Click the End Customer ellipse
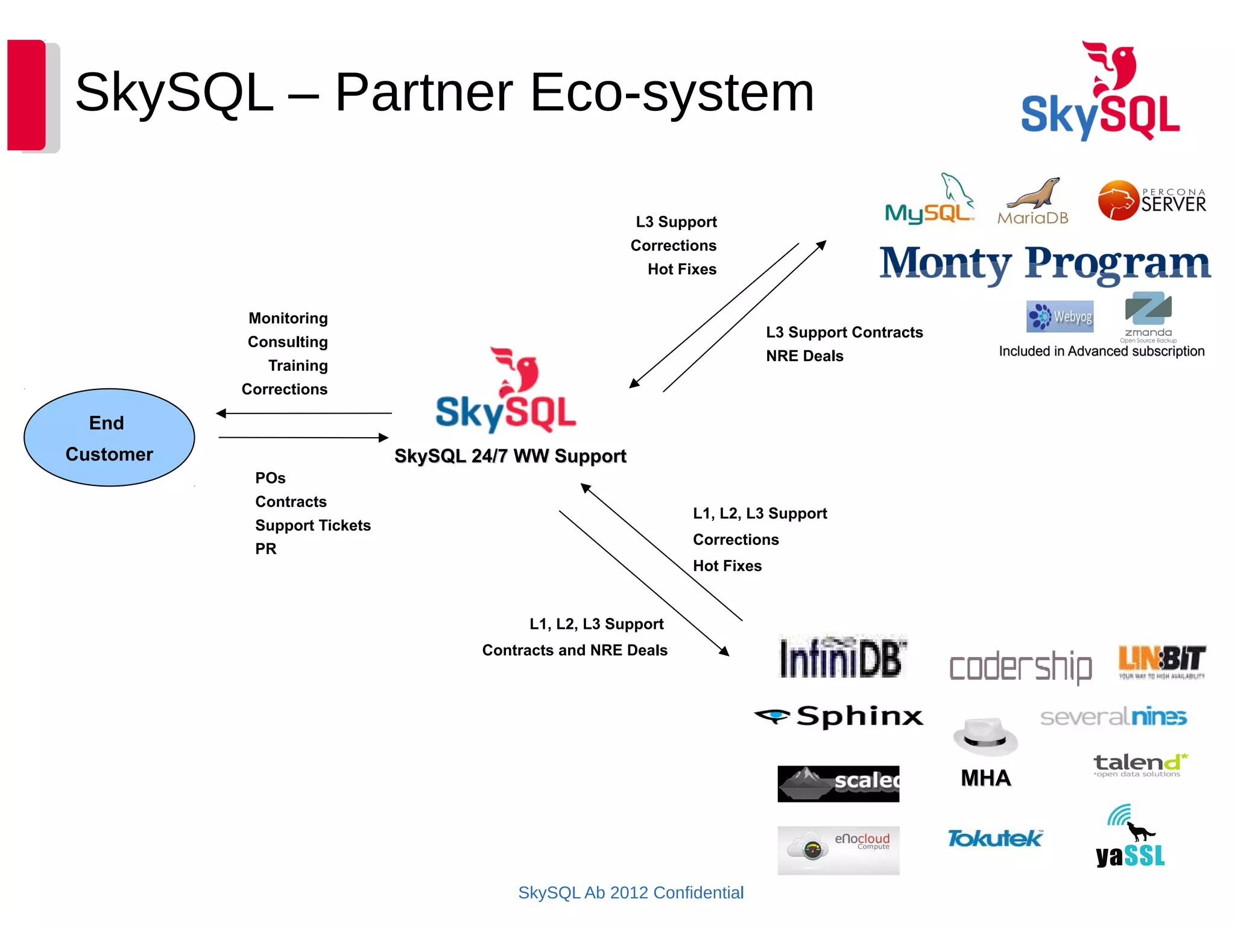[109, 438]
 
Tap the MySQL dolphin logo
[929, 200]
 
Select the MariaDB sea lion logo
[1033, 202]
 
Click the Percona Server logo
[1152, 201]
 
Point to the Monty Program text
[1044, 263]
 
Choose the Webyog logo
[1060, 317]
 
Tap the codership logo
[1020, 667]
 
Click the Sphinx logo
[839, 716]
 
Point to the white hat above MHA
[985, 736]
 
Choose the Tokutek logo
[994, 839]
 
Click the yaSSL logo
[1130, 839]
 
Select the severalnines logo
[1113, 717]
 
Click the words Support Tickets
[312, 525]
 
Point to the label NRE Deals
[804, 356]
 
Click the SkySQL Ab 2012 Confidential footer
[631, 892]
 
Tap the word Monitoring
[288, 318]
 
